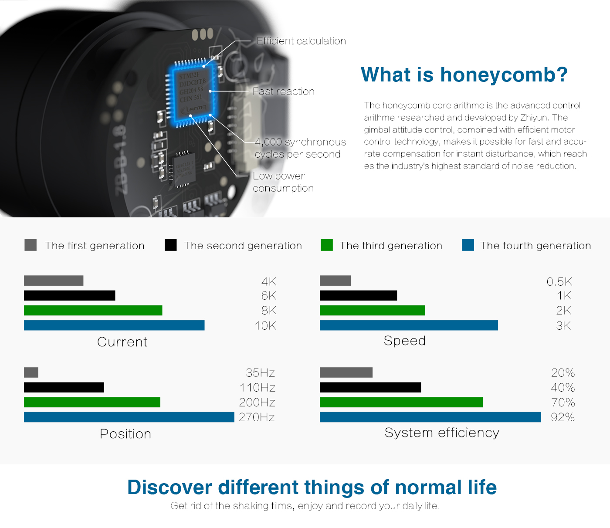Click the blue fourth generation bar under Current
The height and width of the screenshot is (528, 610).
(x=114, y=325)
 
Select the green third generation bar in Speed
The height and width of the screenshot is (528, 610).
(x=373, y=310)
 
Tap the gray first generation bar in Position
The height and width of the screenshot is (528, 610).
(x=31, y=372)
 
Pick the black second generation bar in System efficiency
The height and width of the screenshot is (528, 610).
(x=370, y=387)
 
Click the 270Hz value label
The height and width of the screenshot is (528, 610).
(x=257, y=417)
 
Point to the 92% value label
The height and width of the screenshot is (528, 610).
(x=563, y=417)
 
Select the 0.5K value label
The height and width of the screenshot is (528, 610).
(x=559, y=281)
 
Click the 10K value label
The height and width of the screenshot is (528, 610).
(x=266, y=325)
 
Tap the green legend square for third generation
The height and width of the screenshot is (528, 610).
(x=327, y=245)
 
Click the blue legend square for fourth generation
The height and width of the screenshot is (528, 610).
(x=468, y=245)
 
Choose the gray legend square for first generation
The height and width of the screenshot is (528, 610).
(x=30, y=245)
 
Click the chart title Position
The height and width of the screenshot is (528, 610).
(x=125, y=434)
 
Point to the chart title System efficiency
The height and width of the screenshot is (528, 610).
(x=442, y=433)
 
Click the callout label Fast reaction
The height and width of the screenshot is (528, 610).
(x=283, y=91)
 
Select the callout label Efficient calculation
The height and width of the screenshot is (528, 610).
(x=302, y=41)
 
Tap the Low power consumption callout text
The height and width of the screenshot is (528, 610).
(x=283, y=182)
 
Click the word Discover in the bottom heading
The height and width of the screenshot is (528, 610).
(x=169, y=487)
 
